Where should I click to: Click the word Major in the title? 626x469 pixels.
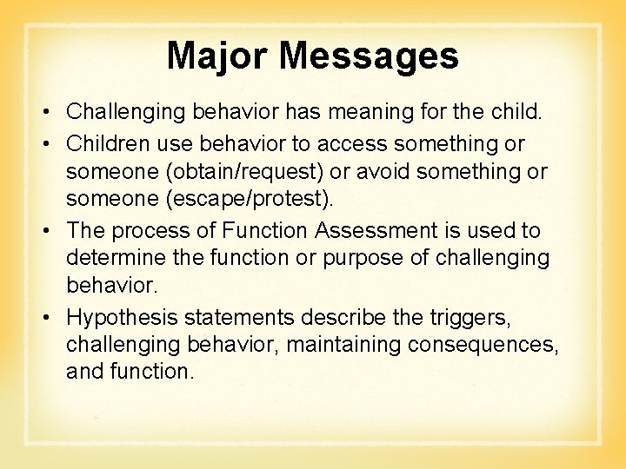218,56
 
